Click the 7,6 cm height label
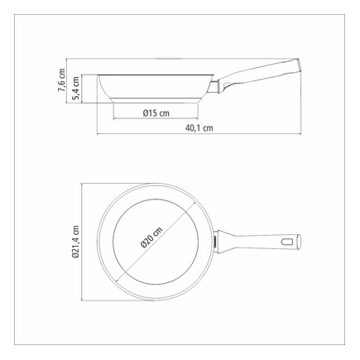62,80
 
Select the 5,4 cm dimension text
76,88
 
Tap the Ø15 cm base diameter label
156,113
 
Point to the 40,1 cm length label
199,128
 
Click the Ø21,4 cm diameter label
75,242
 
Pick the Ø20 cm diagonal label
151,238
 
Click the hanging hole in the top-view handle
288,242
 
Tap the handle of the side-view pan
258,74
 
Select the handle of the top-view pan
258,242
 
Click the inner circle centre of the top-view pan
156,242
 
